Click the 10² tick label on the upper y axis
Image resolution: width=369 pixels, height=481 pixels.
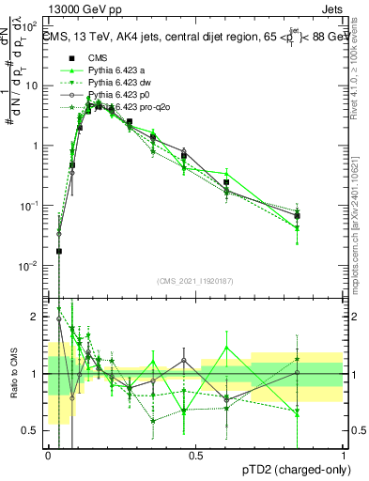[33, 25]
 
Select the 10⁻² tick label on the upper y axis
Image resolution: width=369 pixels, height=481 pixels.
[33, 266]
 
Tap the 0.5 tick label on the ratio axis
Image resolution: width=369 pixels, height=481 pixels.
[33, 430]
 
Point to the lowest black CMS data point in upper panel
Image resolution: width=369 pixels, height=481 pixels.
[59, 251]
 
